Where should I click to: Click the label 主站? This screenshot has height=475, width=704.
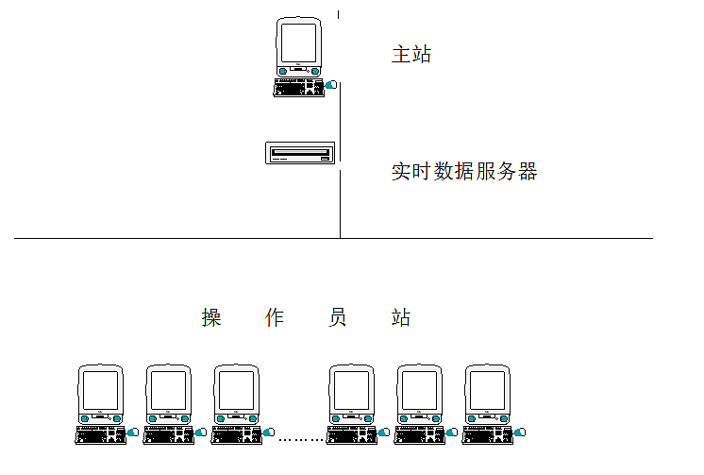411,54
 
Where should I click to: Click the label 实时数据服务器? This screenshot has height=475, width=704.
464,171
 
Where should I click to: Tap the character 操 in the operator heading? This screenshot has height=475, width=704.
211,318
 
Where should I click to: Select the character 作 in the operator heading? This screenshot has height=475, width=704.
275,318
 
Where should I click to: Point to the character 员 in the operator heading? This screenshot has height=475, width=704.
338,318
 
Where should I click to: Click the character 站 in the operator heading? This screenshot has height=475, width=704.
401,318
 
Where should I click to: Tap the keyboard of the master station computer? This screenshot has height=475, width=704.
298,88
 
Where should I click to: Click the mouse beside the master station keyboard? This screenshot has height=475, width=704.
331,88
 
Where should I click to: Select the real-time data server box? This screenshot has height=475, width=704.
300,152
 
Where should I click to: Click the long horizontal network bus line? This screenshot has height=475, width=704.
189,238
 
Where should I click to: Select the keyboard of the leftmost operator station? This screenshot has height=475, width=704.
100,435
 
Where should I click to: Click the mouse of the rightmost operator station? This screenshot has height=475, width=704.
521,433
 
